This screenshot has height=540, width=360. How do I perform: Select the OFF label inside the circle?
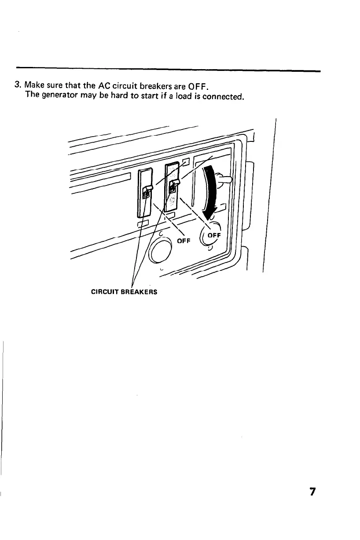(x=213, y=235)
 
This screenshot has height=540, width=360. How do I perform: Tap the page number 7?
(x=312, y=492)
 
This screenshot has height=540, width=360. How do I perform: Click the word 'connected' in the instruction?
(x=223, y=95)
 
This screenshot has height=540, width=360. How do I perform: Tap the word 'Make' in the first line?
(x=33, y=85)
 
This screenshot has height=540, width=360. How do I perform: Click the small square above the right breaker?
(x=186, y=162)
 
